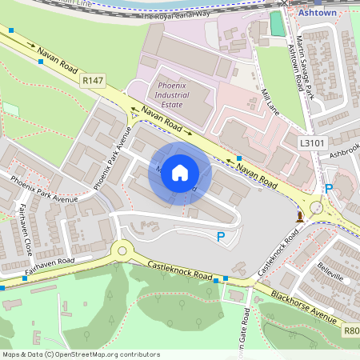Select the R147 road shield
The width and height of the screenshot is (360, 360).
(93, 79)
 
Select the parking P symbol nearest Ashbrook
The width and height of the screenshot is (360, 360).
(329, 188)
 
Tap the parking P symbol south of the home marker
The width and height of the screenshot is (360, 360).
(221, 236)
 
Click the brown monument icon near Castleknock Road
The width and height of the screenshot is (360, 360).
(300, 215)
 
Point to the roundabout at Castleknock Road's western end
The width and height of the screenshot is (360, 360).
(122, 250)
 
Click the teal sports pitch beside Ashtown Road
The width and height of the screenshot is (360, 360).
(277, 24)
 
